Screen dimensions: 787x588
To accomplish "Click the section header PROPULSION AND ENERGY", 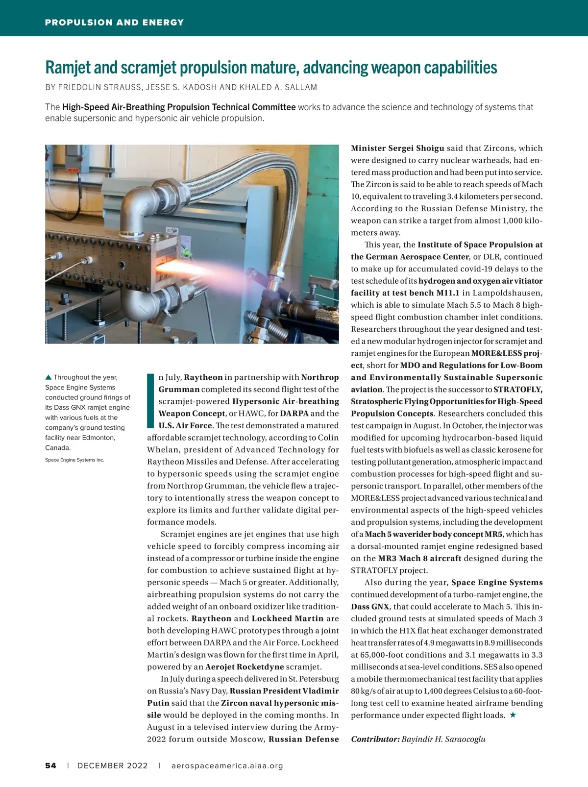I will pos(114,23).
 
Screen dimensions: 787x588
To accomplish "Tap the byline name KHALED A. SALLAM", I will pos(278,87).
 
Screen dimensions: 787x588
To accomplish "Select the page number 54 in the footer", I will pos(50,766).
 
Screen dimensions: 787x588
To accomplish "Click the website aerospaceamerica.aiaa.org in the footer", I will pos(227,766).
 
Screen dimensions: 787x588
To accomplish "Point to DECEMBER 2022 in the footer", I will pos(112,766).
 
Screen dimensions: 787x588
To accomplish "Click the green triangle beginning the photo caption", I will pos(48,377).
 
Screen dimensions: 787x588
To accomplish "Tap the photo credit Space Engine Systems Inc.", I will pos(74,460).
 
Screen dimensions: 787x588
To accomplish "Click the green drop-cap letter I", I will pos(151,400).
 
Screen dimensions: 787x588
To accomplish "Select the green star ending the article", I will pos(513,715).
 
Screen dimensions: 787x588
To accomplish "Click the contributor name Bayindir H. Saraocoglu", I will pos(443,739).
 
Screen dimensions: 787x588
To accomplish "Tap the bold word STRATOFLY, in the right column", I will pos(518,390).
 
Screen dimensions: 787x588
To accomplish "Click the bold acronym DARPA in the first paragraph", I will pos(294,414).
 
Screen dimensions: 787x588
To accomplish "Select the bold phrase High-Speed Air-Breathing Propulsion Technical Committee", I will pos(179,107).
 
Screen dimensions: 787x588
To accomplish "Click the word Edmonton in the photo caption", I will pos(98,438).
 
